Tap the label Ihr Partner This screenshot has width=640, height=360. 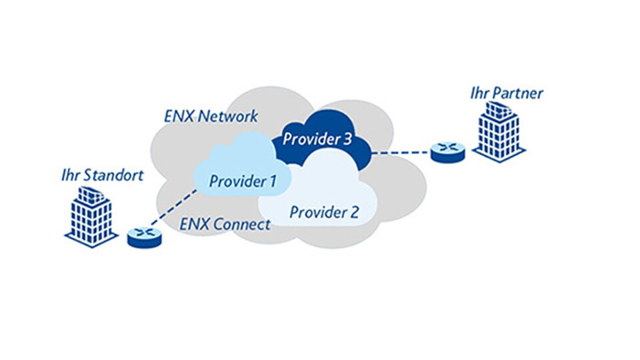pos(507,93)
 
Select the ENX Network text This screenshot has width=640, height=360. pos(211,116)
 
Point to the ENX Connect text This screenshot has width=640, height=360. pos(226,224)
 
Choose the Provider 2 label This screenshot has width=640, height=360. pos(324,213)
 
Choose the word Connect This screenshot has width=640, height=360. pos(241,224)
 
